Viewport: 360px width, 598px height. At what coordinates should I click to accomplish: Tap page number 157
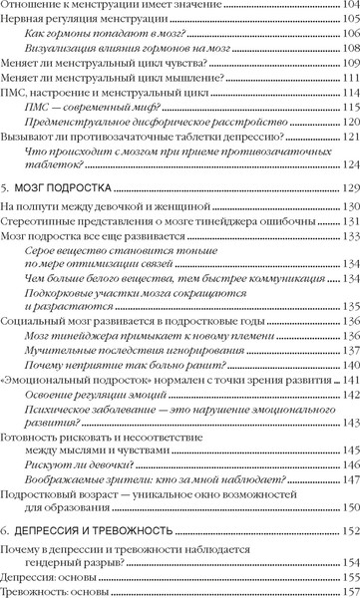point(347,593)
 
